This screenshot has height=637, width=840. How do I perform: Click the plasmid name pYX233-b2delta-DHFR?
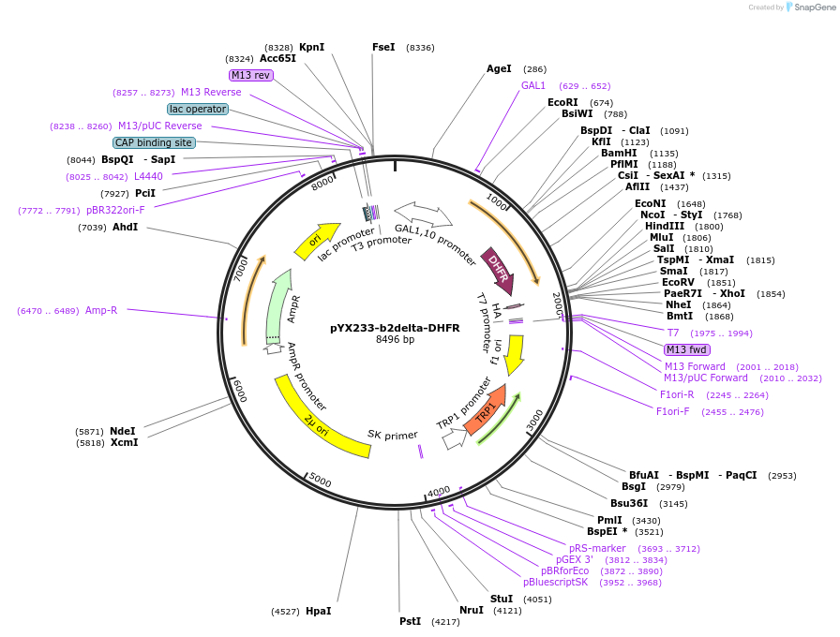click(395, 328)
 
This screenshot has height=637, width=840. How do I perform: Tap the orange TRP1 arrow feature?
click(488, 404)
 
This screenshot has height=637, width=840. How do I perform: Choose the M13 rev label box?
click(250, 75)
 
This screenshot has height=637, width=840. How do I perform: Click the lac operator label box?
click(198, 109)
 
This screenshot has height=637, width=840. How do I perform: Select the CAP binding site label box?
click(154, 142)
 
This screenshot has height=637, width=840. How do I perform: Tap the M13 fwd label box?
click(687, 349)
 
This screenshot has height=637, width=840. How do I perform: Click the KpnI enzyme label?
click(311, 47)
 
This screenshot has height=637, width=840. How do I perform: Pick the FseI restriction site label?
click(383, 47)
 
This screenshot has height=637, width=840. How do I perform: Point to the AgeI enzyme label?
click(499, 68)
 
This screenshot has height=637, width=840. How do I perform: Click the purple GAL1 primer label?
click(533, 85)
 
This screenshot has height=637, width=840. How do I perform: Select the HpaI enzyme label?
click(318, 611)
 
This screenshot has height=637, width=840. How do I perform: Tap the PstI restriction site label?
click(410, 621)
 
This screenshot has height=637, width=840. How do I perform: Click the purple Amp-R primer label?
click(101, 310)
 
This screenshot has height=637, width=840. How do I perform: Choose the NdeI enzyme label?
click(123, 431)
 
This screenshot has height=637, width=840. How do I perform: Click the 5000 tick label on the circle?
click(321, 481)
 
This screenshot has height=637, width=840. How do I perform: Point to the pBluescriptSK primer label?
click(556, 582)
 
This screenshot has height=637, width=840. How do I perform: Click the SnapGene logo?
click(809, 7)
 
